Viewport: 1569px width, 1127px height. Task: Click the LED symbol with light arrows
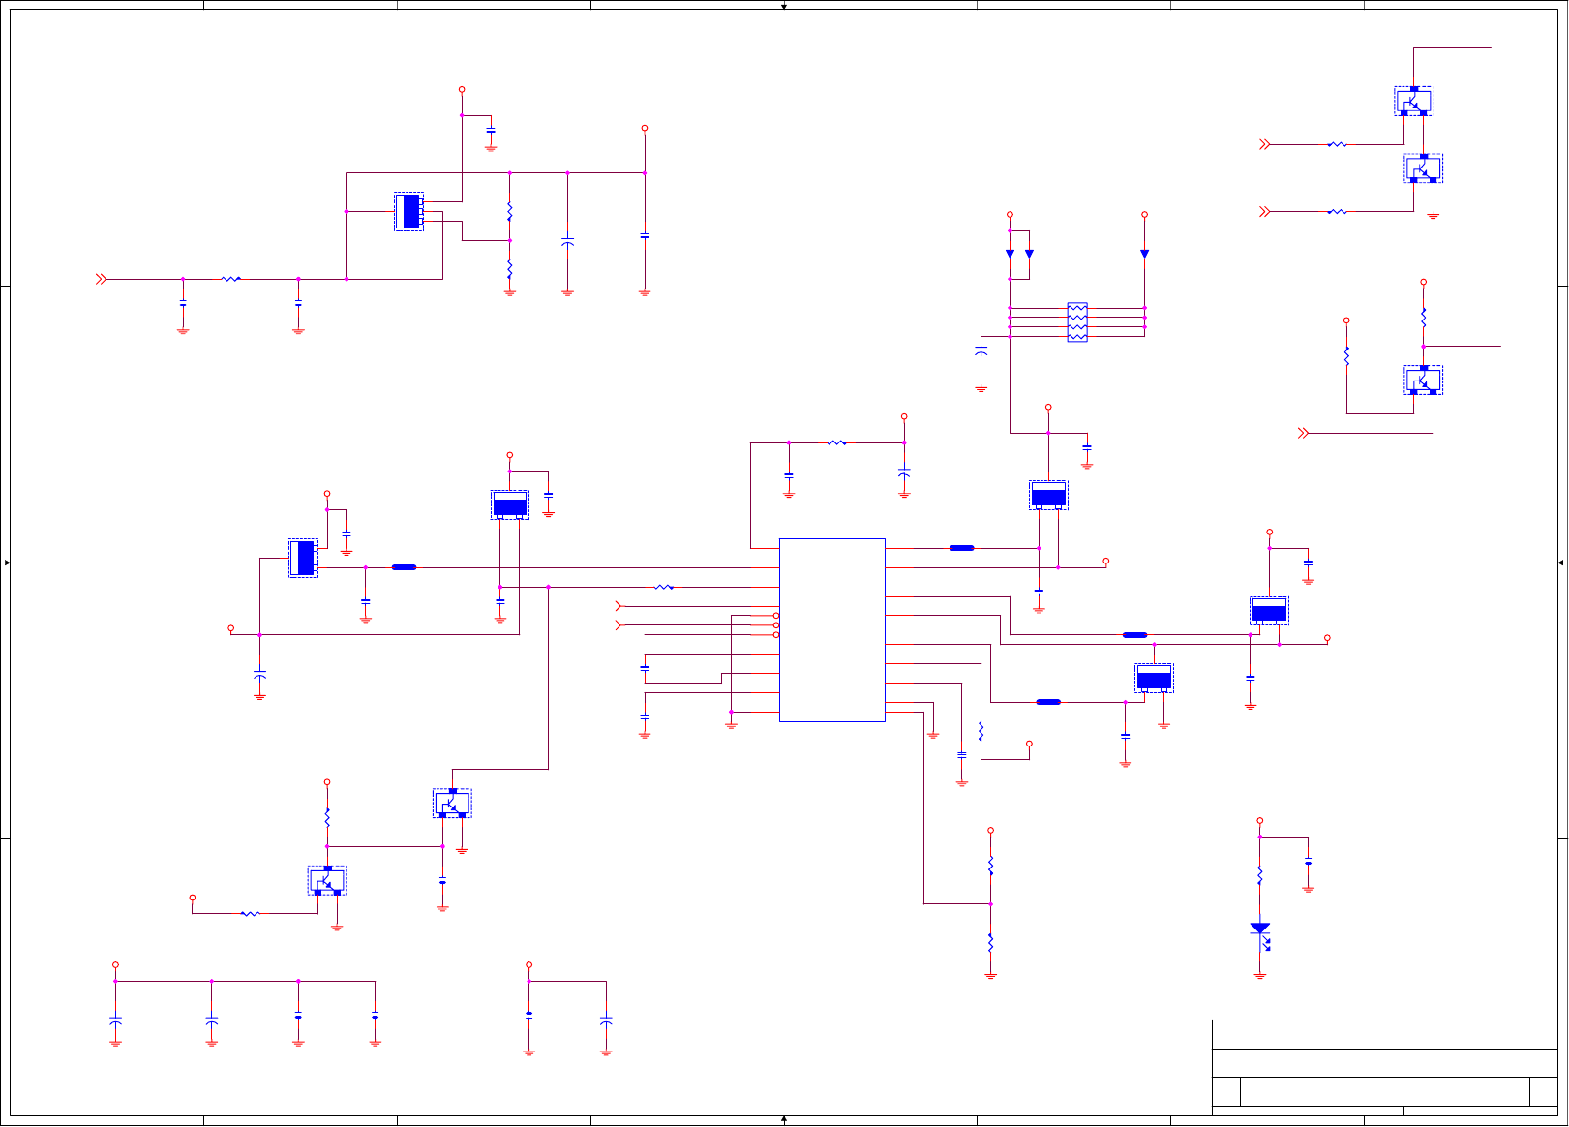point(1259,929)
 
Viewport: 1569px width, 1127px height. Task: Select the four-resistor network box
point(1077,322)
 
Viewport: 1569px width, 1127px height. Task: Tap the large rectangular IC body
point(831,629)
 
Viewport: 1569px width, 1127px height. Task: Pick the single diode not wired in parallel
point(1144,254)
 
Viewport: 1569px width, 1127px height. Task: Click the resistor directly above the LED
point(1259,875)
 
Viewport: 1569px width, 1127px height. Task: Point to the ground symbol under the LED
point(1259,976)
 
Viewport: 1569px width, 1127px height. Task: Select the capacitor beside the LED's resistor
point(1308,862)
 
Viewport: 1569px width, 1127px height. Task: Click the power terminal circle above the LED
point(1259,821)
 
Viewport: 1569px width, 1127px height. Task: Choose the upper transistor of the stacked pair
point(1414,101)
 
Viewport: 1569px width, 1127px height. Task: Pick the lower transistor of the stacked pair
point(1424,168)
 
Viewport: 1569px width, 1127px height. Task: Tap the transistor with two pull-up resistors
point(1424,381)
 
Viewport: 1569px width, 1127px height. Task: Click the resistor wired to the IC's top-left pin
point(837,442)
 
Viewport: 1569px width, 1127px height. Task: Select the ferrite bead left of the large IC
point(404,567)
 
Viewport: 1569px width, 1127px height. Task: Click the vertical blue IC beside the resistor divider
point(409,211)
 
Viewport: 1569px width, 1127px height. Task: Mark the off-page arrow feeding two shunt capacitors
point(101,279)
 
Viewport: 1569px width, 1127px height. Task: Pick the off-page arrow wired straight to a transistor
point(1303,433)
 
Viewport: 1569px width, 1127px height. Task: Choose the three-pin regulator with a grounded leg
point(1154,679)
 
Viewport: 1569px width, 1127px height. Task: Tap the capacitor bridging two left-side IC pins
point(645,668)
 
